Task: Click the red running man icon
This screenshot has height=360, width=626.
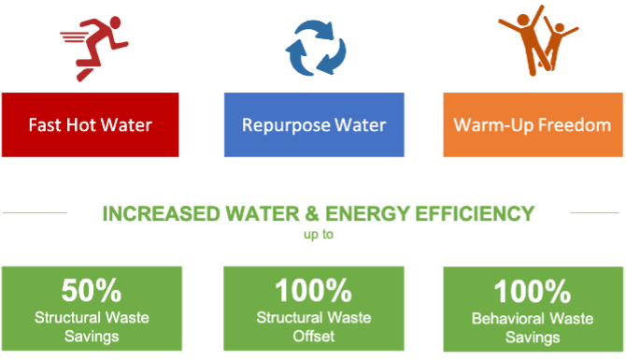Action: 95,44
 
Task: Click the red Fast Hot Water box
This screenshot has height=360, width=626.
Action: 91,124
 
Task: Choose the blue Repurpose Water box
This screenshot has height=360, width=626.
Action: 313,124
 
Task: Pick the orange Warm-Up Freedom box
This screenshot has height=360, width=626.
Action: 533,124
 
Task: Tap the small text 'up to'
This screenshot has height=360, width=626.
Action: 315,234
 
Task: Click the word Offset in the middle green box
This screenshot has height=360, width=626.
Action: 314,335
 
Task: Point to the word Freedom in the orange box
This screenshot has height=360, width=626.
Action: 575,124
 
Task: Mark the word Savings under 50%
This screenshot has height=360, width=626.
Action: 92,335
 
